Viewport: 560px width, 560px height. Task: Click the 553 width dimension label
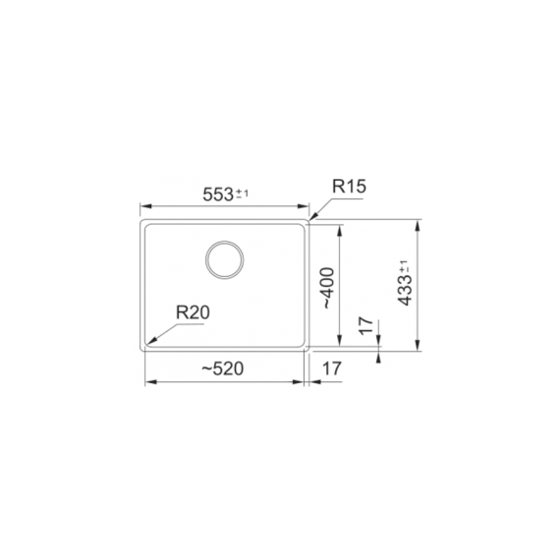218,195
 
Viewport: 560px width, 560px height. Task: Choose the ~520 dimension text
222,368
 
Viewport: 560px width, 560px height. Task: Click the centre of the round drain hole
225,258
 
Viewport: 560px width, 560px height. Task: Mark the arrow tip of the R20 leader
146,345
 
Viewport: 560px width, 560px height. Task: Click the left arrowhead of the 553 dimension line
142,206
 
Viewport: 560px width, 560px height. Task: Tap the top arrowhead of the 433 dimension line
420,222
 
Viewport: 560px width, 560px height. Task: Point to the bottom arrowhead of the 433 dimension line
420,348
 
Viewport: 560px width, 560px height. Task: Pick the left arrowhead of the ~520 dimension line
146,381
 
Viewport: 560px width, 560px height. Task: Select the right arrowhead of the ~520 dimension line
303,381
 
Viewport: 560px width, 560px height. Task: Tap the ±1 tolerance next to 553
242,194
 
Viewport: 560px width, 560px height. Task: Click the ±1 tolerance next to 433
404,266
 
